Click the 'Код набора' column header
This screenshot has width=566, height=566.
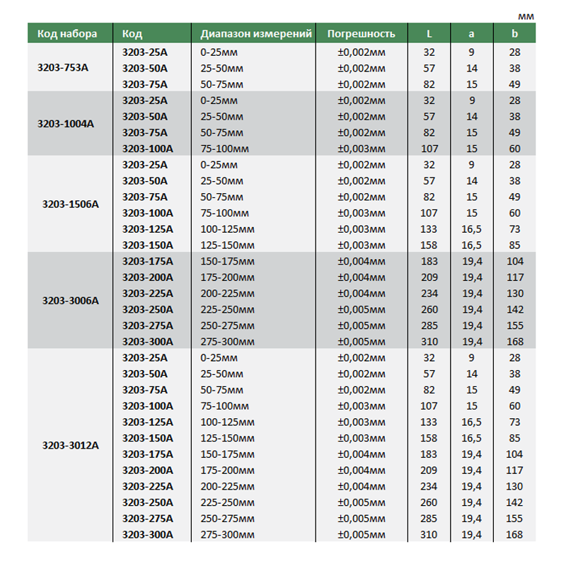[67, 33]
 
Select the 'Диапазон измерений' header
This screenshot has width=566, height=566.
[255, 33]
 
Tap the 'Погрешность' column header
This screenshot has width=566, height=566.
[361, 33]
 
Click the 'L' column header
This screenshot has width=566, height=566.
[429, 33]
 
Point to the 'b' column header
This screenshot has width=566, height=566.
[514, 33]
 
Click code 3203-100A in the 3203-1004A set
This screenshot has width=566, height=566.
[147, 149]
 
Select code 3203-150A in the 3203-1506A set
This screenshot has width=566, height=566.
[147, 245]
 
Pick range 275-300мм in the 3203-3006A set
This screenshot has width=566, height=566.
[226, 342]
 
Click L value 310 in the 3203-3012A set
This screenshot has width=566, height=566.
[429, 534]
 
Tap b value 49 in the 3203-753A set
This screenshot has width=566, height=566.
[514, 84]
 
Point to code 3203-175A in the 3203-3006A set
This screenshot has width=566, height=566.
[147, 261]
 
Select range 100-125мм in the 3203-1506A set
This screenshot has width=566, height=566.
[226, 229]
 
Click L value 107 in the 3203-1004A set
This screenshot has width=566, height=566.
[429, 149]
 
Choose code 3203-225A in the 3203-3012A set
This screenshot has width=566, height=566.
[147, 486]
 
